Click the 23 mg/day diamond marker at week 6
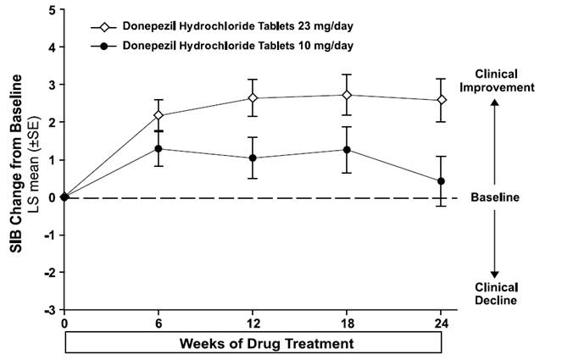tap(159, 115)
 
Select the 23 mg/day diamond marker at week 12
tap(253, 97)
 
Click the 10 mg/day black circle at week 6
tap(159, 148)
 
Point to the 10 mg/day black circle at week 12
tap(253, 158)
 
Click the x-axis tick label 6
tap(159, 323)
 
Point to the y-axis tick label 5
tap(53, 10)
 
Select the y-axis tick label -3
tap(51, 309)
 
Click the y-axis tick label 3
tap(53, 85)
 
